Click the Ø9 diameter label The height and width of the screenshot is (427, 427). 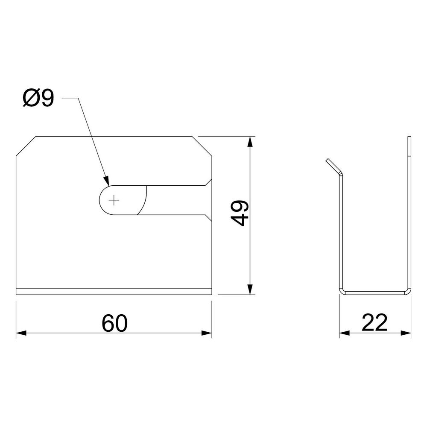tap(38, 98)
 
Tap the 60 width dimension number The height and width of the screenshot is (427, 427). tap(114, 323)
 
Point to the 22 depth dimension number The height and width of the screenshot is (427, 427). tap(374, 322)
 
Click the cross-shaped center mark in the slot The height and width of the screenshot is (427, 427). tap(114, 200)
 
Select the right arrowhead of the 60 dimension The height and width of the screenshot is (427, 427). tap(207, 333)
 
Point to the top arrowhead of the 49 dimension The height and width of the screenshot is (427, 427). tap(251, 142)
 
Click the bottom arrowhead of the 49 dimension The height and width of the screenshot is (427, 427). tap(251, 289)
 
